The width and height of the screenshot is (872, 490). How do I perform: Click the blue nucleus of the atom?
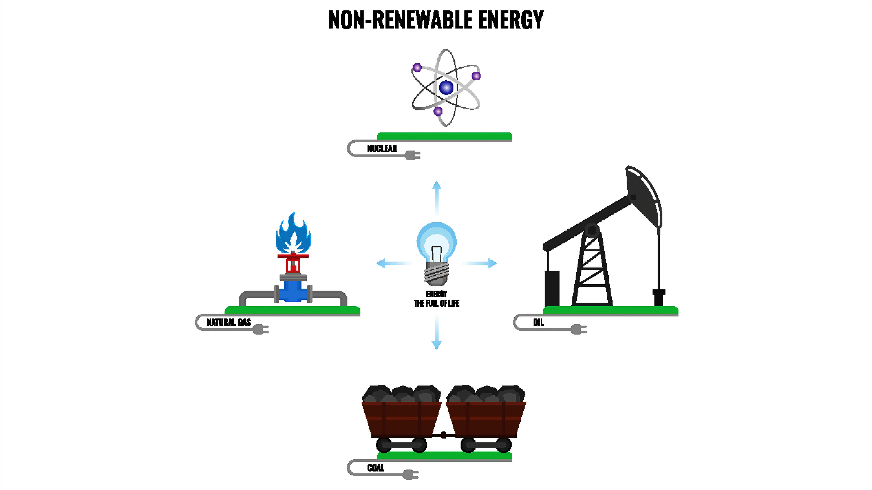pyautogui.click(x=446, y=88)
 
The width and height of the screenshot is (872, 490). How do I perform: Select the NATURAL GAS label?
pyautogui.click(x=229, y=322)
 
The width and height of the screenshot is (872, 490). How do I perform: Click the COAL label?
pyautogui.click(x=375, y=468)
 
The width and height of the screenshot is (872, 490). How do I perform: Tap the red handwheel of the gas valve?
pyautogui.click(x=293, y=256)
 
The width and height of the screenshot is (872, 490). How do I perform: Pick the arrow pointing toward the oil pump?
pyautogui.click(x=481, y=263)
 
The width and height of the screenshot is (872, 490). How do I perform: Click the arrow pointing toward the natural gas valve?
pyautogui.click(x=393, y=263)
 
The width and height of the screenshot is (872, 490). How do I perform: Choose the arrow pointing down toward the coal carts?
pyautogui.click(x=436, y=333)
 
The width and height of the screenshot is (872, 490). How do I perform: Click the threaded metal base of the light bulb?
pyautogui.click(x=436, y=273)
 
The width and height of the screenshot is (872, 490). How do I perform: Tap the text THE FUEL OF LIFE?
pyautogui.click(x=436, y=303)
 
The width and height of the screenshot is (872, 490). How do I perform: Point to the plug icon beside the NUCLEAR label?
pyautogui.click(x=412, y=155)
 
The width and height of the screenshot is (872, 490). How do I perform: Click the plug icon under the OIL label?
pyautogui.click(x=578, y=329)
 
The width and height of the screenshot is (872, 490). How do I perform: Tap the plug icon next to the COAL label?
pyautogui.click(x=410, y=474)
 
